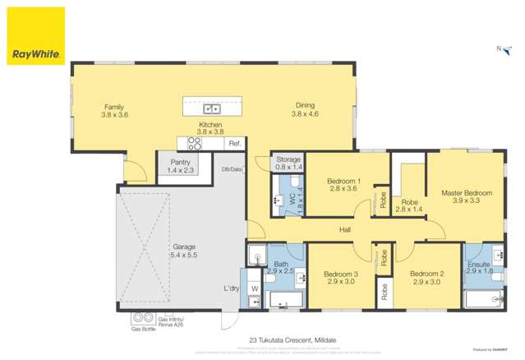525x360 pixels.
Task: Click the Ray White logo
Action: [x=35, y=35]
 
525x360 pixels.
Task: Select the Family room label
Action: [x=115, y=110]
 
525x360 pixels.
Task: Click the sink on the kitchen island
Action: [x=212, y=108]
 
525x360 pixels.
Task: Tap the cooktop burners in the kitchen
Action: [x=195, y=143]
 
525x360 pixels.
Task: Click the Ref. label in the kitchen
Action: [x=235, y=144]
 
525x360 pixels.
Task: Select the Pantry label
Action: [x=179, y=166]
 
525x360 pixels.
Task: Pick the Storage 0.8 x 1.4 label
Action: [x=288, y=163]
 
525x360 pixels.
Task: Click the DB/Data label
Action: [x=232, y=169]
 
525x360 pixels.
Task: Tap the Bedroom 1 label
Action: [x=343, y=184]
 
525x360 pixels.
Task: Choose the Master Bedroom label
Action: [x=466, y=196]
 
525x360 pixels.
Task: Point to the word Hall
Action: [x=345, y=230]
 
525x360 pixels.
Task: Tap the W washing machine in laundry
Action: [x=254, y=288]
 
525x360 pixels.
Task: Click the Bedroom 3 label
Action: [x=339, y=277]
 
